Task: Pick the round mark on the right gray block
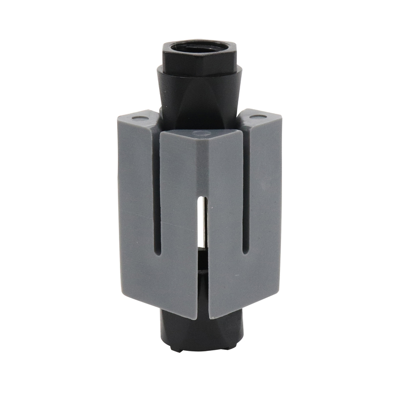[259, 117]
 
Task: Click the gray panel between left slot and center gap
[178, 219]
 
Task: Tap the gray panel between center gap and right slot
[224, 219]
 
